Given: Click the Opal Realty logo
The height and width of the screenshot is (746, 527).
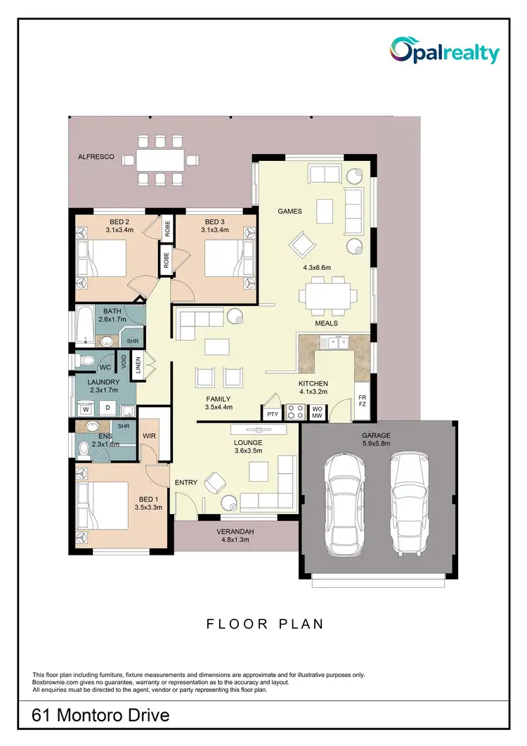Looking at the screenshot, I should [445, 51].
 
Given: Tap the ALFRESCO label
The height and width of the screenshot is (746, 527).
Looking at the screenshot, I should [96, 157].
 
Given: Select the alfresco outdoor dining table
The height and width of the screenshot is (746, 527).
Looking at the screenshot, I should [160, 160].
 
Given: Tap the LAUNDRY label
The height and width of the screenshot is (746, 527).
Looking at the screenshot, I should [103, 383].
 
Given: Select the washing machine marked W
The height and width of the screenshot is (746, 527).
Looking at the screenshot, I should [86, 409].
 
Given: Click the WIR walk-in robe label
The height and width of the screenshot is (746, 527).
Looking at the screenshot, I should [148, 436].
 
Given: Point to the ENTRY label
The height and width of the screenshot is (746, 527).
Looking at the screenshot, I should [186, 482].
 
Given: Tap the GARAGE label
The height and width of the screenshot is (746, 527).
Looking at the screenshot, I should [377, 435].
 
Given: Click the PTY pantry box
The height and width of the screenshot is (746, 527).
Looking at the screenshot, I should [273, 414].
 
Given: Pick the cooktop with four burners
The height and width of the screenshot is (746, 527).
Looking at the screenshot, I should [295, 411].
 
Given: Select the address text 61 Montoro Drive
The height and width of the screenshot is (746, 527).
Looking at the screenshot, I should [101, 716].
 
